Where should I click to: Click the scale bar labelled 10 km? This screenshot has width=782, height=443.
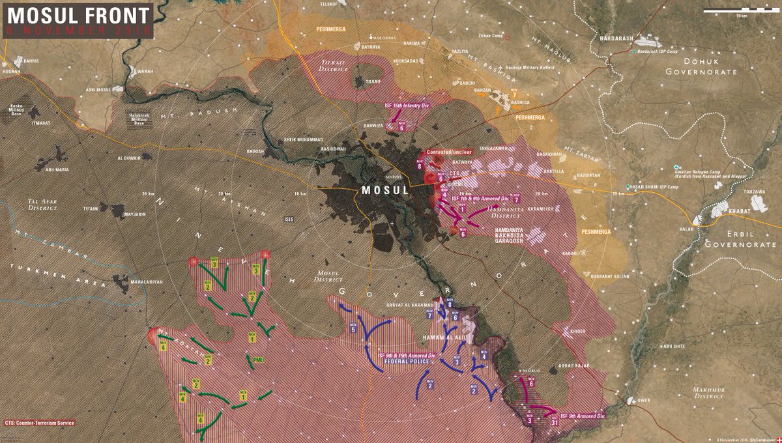[x=742, y=11]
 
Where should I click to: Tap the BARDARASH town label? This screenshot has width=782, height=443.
[x=618, y=38]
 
